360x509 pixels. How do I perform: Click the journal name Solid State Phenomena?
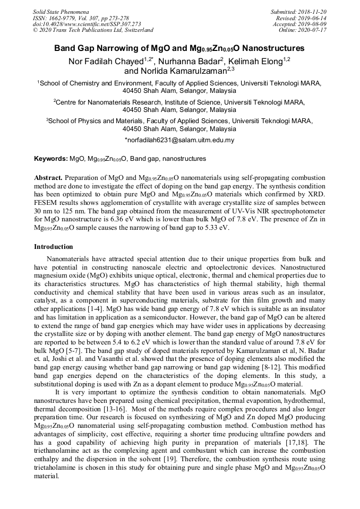pos(61,11)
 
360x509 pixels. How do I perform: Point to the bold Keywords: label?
pos(51,159)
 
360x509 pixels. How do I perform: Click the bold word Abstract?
pos(49,177)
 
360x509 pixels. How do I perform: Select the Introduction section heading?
pos(54,247)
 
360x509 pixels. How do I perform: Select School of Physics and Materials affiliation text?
pos(97,121)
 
